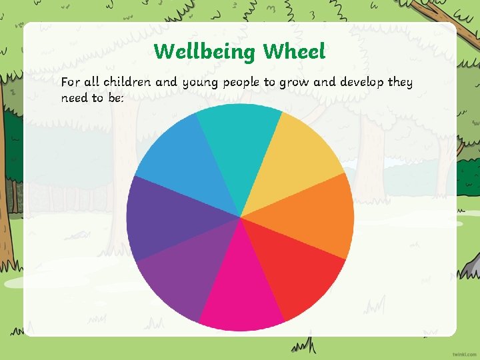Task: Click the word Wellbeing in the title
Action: (205, 51)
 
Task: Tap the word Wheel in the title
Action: (294, 51)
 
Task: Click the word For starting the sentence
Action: (70, 83)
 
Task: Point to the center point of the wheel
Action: (240, 217)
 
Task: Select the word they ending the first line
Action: (401, 83)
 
